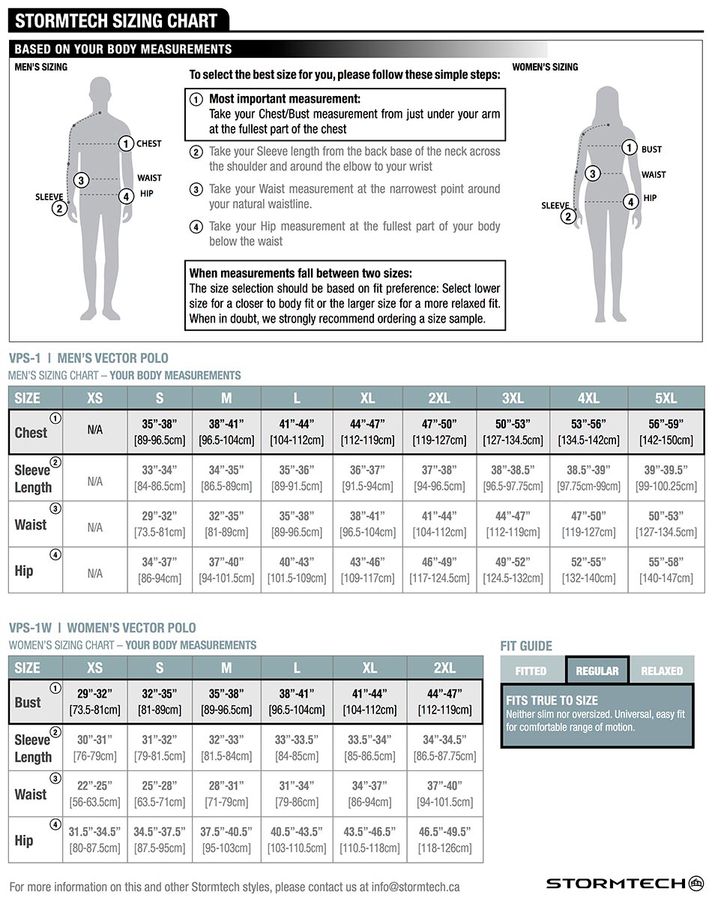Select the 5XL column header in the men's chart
click(666, 398)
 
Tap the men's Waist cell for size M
click(226, 524)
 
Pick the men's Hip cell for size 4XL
click(588, 570)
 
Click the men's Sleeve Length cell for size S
click(160, 478)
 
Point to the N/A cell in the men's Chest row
click(94, 431)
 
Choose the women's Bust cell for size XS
click(94, 701)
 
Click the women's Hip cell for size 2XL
click(444, 840)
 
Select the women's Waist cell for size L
click(297, 794)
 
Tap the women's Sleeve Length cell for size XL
click(369, 748)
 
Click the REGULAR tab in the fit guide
click(597, 671)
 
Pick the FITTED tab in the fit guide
click(531, 671)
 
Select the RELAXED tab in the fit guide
click(662, 671)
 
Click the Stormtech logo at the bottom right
click(624, 883)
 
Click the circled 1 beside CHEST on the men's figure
click(126, 143)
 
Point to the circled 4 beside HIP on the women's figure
click(631, 201)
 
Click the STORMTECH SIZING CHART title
click(116, 20)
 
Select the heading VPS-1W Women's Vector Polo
click(102, 628)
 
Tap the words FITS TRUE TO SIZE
click(552, 701)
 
